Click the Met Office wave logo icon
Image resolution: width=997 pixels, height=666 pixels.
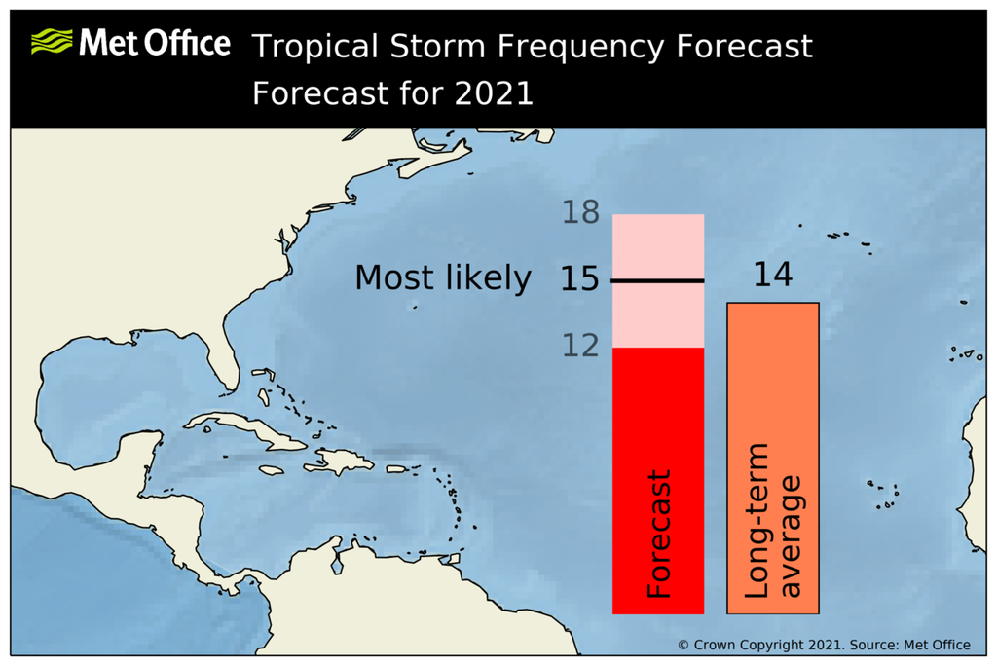point(53,42)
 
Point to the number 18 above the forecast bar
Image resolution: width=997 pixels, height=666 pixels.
point(580,212)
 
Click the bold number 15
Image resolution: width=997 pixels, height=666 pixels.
point(580,279)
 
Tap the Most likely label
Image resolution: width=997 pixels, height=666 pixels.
point(443,278)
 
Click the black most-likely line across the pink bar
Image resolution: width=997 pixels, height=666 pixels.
point(658,281)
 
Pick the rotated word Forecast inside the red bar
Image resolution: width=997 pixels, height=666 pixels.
point(659,536)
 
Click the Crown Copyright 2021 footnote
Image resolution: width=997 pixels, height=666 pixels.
point(824,645)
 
